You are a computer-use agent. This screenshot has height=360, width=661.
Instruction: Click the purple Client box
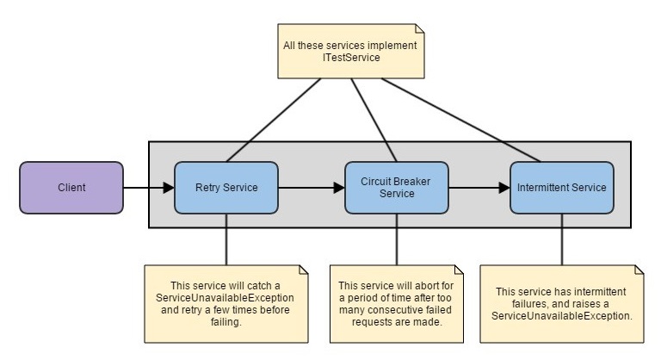[x=71, y=187]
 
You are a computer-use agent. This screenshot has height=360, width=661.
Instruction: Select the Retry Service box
[x=226, y=187]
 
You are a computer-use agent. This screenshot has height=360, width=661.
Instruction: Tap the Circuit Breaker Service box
[x=397, y=187]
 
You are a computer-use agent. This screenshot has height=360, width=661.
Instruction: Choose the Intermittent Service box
[x=561, y=187]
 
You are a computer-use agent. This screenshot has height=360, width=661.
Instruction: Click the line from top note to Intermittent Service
[x=465, y=119]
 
